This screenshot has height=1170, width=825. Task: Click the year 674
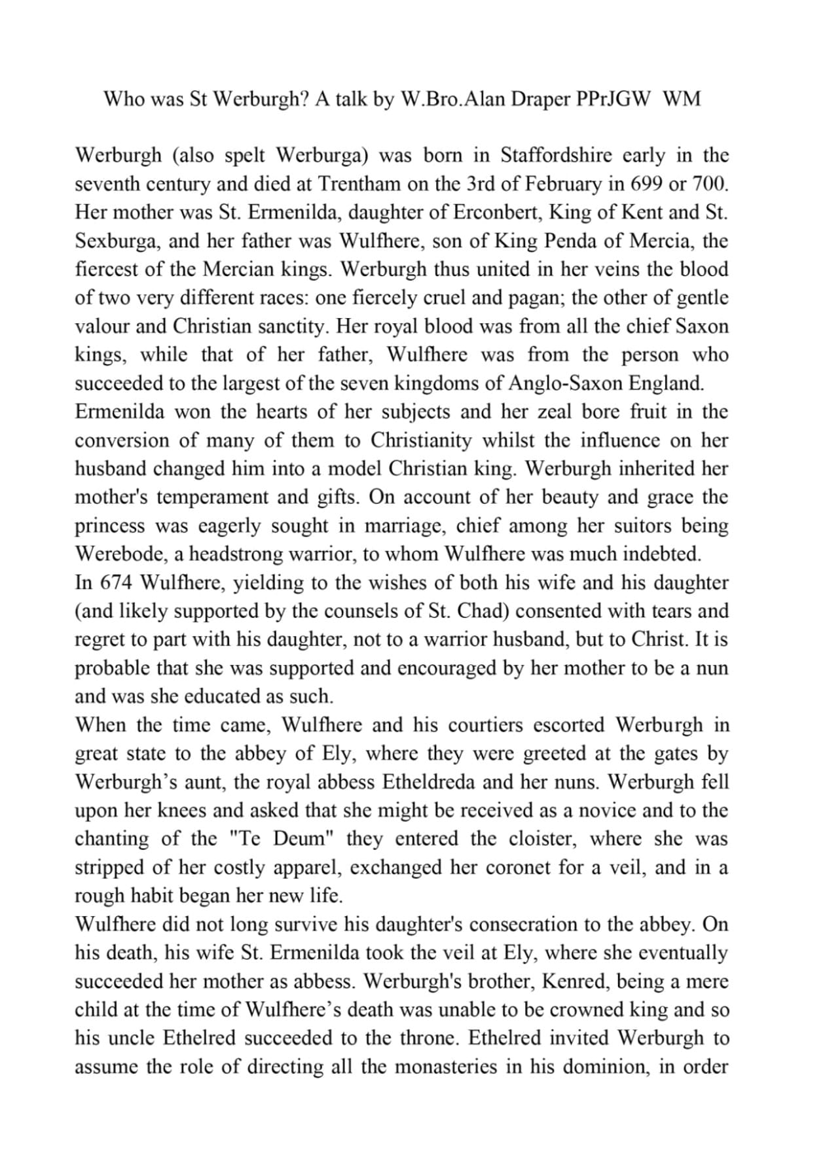[x=116, y=582]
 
